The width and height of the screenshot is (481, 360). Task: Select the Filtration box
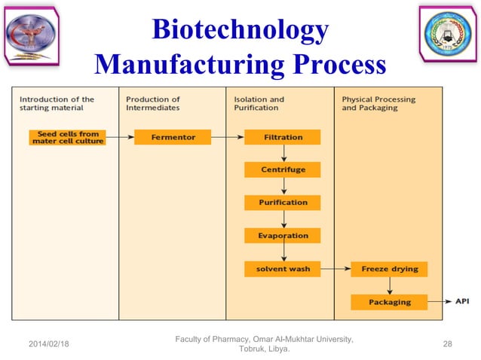pyautogui.click(x=283, y=137)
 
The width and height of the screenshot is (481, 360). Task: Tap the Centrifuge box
pyautogui.click(x=283, y=169)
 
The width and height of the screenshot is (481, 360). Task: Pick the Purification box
pyautogui.click(x=283, y=203)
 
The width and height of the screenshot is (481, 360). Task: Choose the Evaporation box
pyautogui.click(x=283, y=236)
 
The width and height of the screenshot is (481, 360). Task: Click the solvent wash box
pyautogui.click(x=283, y=269)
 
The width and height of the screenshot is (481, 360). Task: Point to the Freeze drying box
pyautogui.click(x=389, y=269)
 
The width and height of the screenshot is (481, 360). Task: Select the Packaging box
pyautogui.click(x=389, y=302)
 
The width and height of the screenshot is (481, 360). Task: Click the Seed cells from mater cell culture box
pyautogui.click(x=67, y=137)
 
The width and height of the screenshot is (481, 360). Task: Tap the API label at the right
pyautogui.click(x=461, y=302)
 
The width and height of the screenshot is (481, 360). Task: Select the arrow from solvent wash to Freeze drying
pyautogui.click(x=335, y=269)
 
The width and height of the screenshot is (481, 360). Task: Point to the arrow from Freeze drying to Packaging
pyautogui.click(x=389, y=285)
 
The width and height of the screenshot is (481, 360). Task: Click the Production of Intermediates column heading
pyautogui.click(x=153, y=103)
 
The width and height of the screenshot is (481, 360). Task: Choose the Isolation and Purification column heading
pyautogui.click(x=259, y=103)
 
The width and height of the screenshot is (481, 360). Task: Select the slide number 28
pyautogui.click(x=448, y=343)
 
